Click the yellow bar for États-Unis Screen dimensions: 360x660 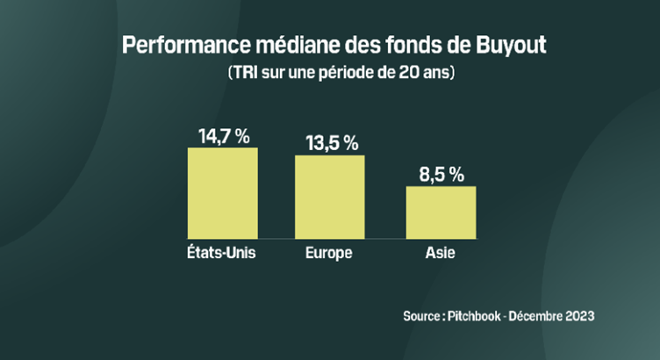[222, 192]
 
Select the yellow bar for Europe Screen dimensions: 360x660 [329, 196]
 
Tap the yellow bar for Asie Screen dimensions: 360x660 [440, 212]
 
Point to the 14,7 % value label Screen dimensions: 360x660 [224, 136]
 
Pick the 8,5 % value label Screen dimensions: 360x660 [441, 174]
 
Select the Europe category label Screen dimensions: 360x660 [329, 253]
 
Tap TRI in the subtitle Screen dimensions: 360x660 [242, 73]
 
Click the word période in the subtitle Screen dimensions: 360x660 [343, 73]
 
